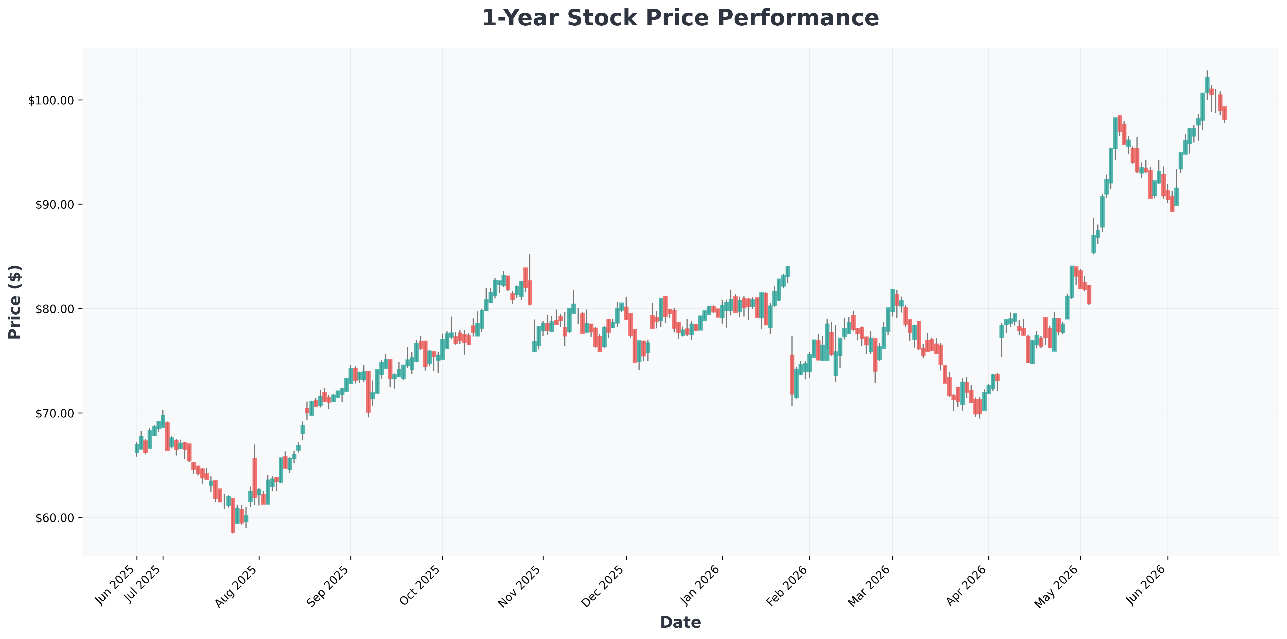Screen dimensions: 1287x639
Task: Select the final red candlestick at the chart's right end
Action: (x=1224, y=113)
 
